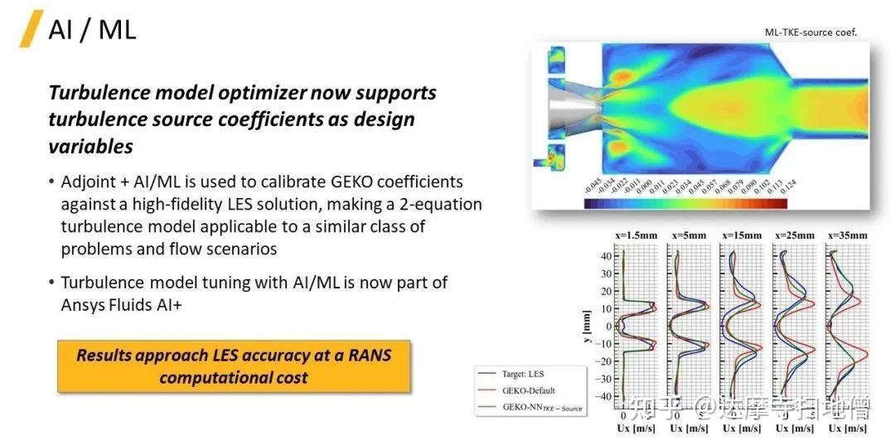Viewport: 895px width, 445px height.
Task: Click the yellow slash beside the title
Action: pyautogui.click(x=31, y=29)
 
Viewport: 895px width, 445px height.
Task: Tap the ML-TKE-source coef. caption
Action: pyautogui.click(x=810, y=32)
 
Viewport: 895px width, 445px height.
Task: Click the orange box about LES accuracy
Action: pyautogui.click(x=234, y=366)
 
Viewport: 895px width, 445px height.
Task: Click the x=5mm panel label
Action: pyautogui.click(x=690, y=235)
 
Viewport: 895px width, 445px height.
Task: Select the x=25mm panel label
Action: pyautogui.click(x=796, y=235)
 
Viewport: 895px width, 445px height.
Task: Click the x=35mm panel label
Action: pyautogui.click(x=848, y=235)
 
